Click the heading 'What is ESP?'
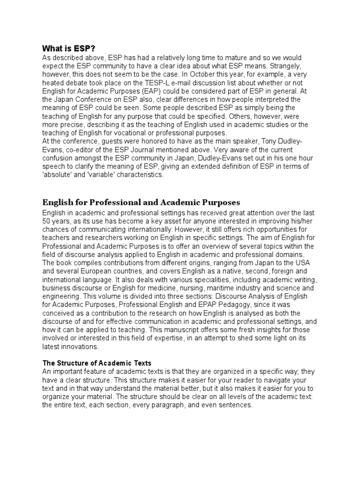[x=68, y=48]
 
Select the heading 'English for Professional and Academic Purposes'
[x=141, y=202]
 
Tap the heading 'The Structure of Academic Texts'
[x=97, y=363]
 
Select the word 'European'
[x=105, y=271]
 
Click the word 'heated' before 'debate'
[x=54, y=82]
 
